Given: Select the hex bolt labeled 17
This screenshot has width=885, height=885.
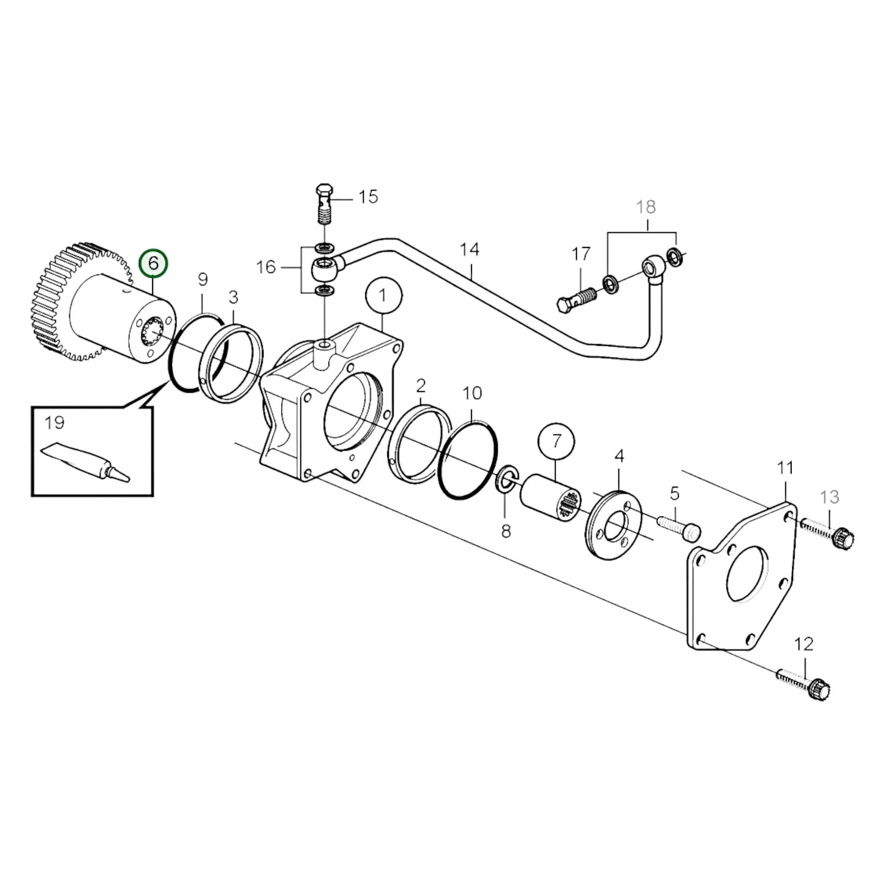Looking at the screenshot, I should coord(576,298).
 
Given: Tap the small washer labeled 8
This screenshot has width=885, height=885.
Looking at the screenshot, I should coord(506,479).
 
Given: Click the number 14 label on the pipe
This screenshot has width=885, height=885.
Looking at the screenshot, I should coord(470,250).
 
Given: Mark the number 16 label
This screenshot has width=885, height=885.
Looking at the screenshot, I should coord(266,268).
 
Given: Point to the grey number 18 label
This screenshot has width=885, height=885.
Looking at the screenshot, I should coord(646,207).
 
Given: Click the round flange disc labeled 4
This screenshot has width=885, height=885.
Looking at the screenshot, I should coord(614,524).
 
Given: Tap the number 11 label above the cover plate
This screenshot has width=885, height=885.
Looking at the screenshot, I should coord(785,468).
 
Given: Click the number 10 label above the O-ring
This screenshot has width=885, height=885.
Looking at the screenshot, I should coord(473,393).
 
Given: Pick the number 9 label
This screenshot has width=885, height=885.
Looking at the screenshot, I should coord(203,279).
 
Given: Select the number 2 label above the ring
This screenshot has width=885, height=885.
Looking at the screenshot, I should coord(421,385).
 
